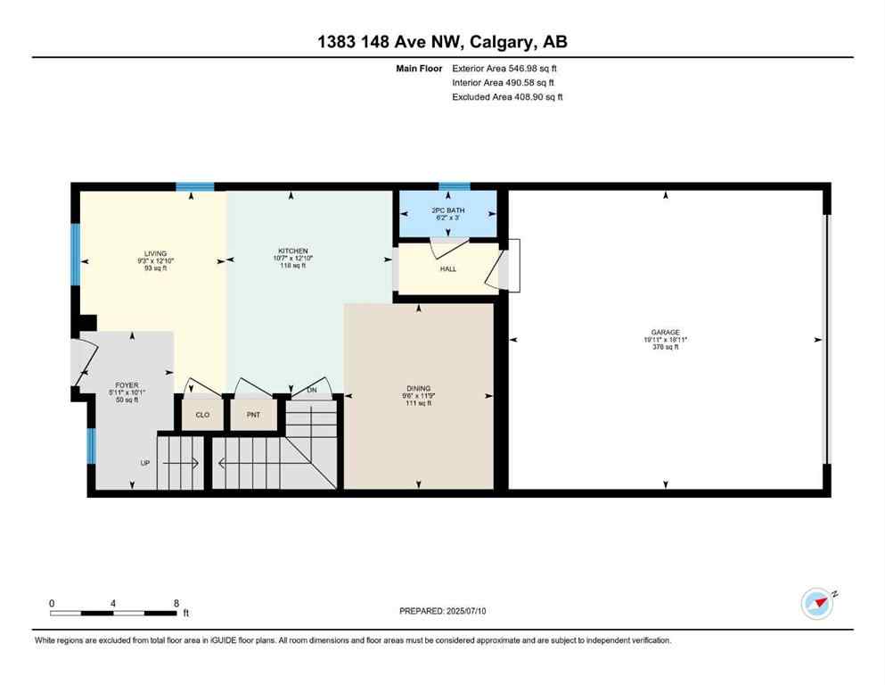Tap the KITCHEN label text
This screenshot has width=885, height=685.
pyautogui.click(x=292, y=251)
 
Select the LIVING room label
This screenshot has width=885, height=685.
pyautogui.click(x=156, y=253)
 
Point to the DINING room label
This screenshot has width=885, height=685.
pyautogui.click(x=419, y=388)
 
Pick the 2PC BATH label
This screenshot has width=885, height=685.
pyautogui.click(x=448, y=210)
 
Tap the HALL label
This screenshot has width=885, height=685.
pyautogui.click(x=448, y=268)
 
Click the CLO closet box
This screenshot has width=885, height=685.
pyautogui.click(x=202, y=415)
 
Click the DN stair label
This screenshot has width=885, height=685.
pyautogui.click(x=312, y=390)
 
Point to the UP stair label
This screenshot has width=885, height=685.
pyautogui.click(x=144, y=463)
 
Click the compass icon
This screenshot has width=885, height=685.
pyautogui.click(x=816, y=604)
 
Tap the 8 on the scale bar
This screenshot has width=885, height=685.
pyautogui.click(x=176, y=603)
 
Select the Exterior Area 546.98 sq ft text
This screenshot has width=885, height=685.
pyautogui.click(x=505, y=68)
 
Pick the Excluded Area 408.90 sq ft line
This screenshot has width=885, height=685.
pyautogui.click(x=507, y=96)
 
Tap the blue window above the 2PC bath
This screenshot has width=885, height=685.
pyautogui.click(x=455, y=186)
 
